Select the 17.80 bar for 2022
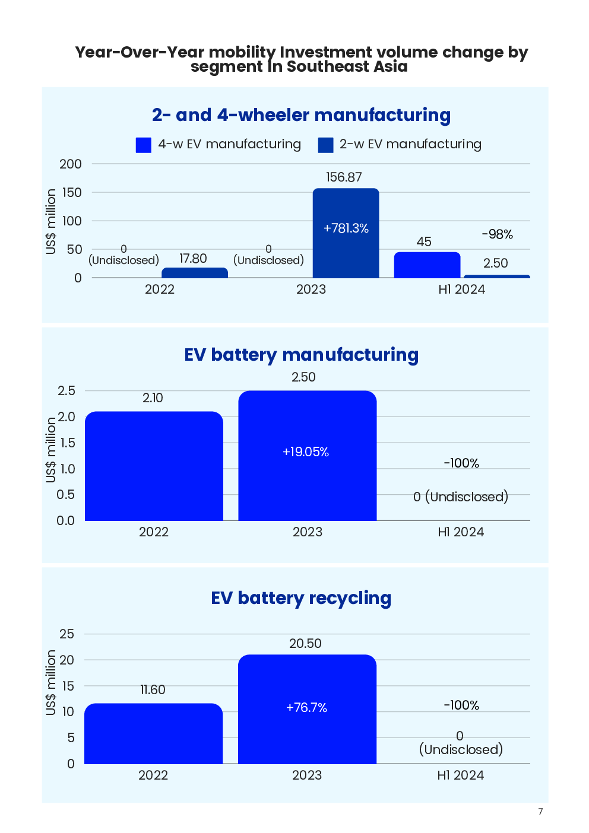(195, 273)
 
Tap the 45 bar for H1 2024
(427, 265)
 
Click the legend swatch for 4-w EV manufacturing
(144, 145)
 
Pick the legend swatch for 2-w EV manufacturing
(325, 145)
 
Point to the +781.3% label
(346, 228)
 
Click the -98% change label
(497, 234)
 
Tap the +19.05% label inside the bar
(306, 452)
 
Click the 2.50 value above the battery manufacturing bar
(303, 377)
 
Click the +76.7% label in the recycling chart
(306, 708)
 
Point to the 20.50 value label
(305, 644)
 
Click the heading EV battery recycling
(301, 598)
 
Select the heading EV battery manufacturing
(301, 355)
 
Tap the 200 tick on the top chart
(71, 164)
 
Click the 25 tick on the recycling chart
(67, 634)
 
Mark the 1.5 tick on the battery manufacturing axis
(66, 443)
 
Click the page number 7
(540, 812)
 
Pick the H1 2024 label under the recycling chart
(461, 775)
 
